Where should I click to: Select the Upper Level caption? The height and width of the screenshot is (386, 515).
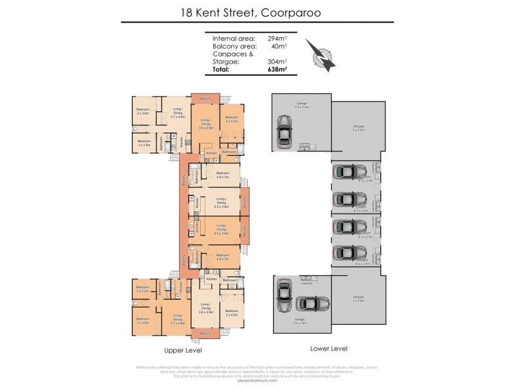point(184,351)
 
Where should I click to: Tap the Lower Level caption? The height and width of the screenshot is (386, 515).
point(329,348)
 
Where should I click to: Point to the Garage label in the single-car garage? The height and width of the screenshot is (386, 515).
point(301,103)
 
